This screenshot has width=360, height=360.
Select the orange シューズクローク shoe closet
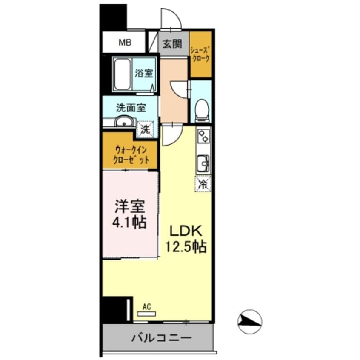[x=200, y=54]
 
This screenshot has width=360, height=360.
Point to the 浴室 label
[x=144, y=73]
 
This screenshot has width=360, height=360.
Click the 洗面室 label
[x=131, y=108]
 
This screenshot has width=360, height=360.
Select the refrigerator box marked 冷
[x=203, y=184]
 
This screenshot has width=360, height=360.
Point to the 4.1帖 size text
[x=130, y=222]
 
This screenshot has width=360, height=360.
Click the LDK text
[x=185, y=231]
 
